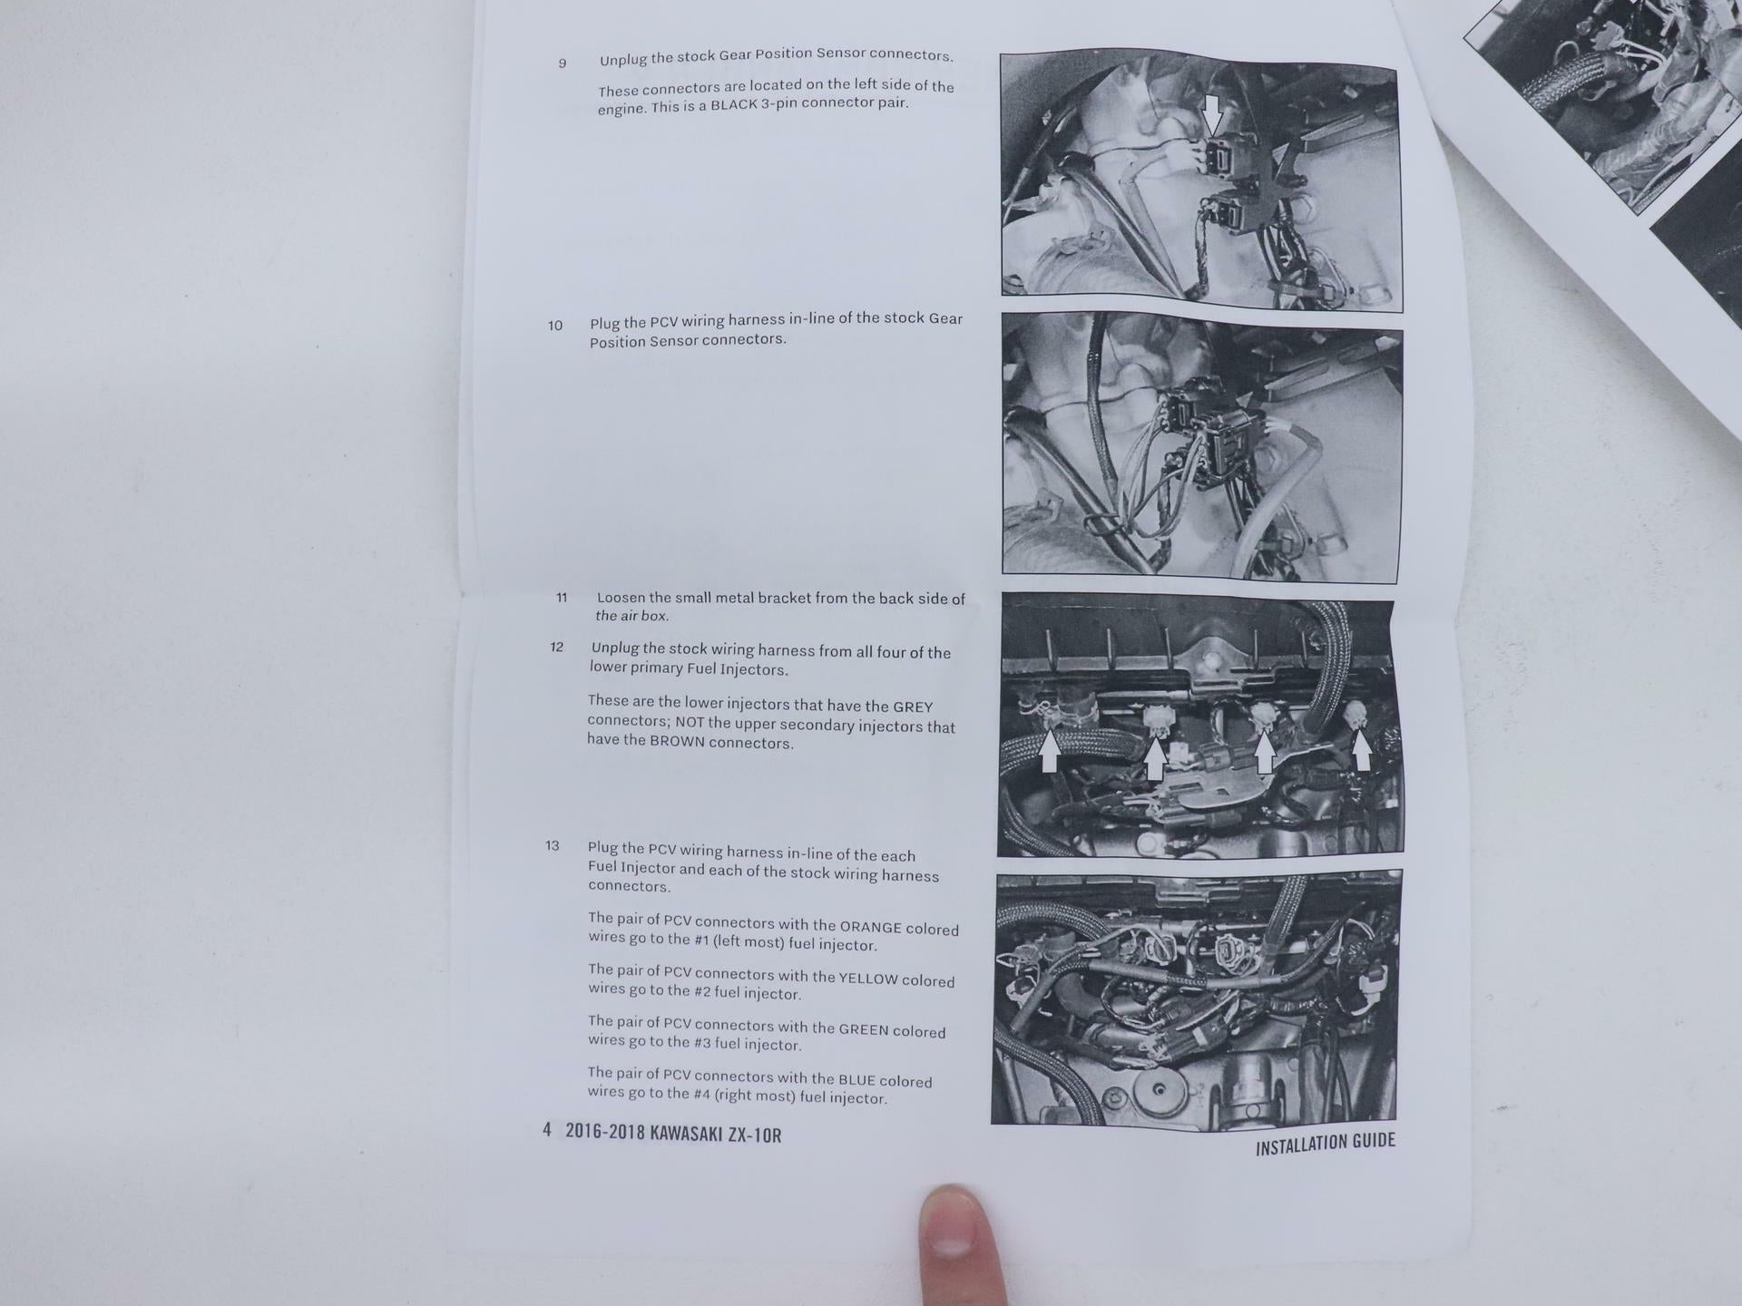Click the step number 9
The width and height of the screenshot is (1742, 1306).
pos(563,63)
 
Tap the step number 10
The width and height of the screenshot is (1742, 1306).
pos(555,326)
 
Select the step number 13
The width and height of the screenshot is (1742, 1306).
pos(553,846)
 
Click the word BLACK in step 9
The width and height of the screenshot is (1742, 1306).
pos(735,105)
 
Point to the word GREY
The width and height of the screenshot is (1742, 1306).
pos(913,707)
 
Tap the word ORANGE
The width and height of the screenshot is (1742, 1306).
pos(871,927)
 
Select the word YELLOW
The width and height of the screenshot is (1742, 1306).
pos(868,979)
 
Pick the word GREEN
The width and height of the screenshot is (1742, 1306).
pos(864,1029)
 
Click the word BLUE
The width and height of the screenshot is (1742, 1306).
pos(856,1080)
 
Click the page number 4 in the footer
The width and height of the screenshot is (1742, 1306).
pos(547,1129)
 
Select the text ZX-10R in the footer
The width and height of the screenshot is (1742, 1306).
pos(755,1135)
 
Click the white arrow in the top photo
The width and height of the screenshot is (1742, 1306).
pos(1212,112)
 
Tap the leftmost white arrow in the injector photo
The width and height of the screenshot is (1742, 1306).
pos(1050,751)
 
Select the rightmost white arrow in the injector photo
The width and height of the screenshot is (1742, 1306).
pos(1361,748)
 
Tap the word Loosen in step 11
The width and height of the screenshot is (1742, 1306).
pos(621,598)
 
